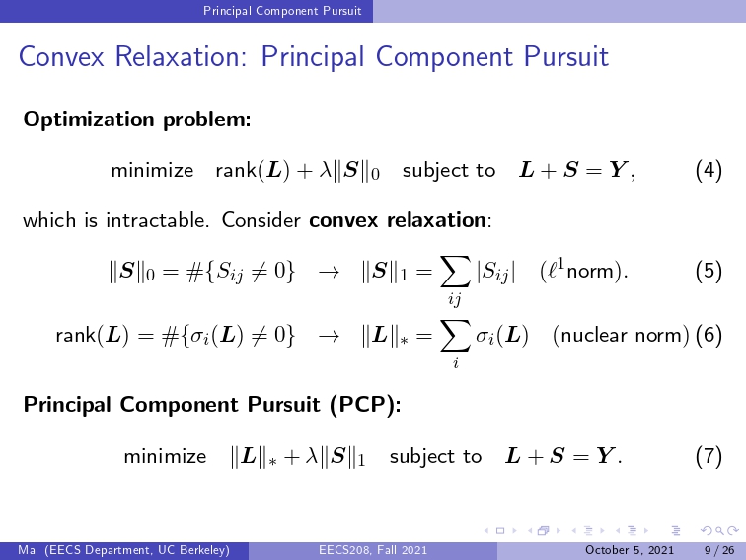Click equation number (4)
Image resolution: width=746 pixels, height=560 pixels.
click(709, 170)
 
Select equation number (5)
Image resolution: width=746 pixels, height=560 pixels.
click(709, 271)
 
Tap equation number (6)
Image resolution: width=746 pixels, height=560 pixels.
click(709, 335)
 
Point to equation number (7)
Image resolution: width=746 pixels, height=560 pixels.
click(709, 456)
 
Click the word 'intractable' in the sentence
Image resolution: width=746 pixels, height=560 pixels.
click(157, 220)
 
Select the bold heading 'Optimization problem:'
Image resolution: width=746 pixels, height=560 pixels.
click(137, 120)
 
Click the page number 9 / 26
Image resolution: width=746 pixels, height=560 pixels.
click(719, 550)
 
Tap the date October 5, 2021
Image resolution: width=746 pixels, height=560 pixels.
click(630, 550)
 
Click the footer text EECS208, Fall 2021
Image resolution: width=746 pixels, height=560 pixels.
click(373, 550)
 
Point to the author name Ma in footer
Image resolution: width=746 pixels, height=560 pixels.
click(27, 550)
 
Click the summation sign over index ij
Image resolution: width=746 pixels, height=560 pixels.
click(455, 272)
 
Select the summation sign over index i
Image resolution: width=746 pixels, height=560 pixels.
click(455, 336)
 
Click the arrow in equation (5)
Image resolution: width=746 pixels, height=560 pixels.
click(329, 272)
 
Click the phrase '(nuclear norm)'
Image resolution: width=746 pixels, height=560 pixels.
click(621, 335)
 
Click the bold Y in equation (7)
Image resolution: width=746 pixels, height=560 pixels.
click(605, 455)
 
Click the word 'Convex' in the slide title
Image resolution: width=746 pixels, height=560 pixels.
click(61, 56)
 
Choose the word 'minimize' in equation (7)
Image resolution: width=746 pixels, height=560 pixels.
click(165, 456)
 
